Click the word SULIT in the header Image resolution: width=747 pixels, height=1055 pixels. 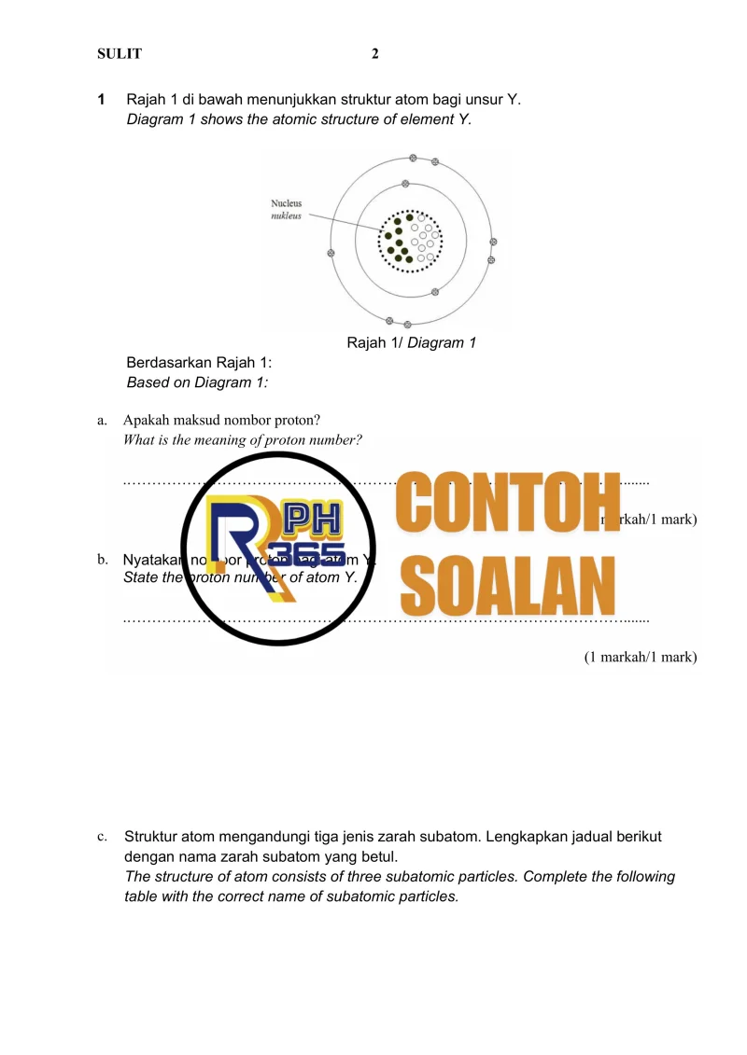(x=120, y=54)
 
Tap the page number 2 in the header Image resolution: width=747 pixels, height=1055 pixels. (x=375, y=54)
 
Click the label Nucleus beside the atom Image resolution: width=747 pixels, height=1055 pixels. (x=287, y=203)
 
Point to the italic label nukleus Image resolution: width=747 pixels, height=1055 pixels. (x=287, y=215)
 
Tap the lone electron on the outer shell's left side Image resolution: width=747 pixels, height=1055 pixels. (x=331, y=253)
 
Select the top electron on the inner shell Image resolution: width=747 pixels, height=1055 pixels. (x=405, y=183)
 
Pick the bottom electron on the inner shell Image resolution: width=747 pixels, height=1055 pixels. (x=435, y=292)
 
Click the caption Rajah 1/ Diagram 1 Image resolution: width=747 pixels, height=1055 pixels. (x=412, y=343)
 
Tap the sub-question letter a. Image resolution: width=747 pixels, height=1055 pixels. (x=101, y=421)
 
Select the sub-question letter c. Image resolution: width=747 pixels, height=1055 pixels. (x=101, y=838)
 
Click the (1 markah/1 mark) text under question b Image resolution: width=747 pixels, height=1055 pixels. (x=641, y=657)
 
